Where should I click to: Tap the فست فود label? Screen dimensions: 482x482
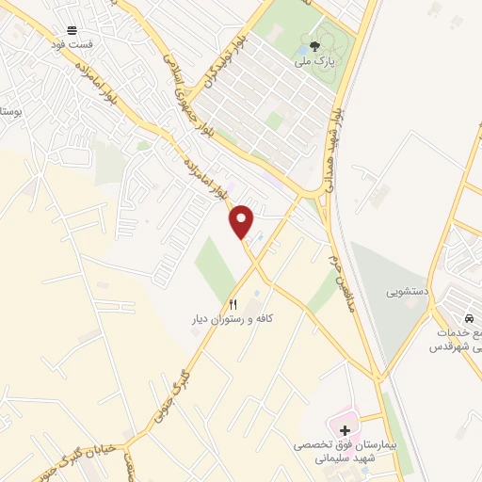[72, 43]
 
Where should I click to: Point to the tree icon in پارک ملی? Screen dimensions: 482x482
[313, 44]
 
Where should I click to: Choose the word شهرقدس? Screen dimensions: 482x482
[449, 346]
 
